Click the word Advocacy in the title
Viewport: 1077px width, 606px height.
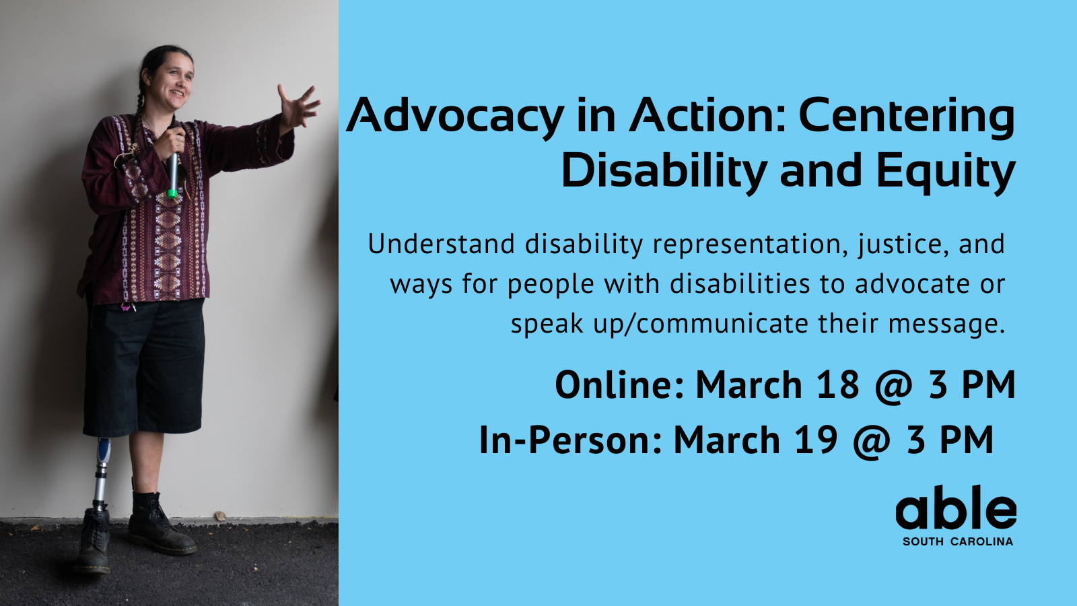[455, 116]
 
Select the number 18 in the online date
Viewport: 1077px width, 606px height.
[837, 385]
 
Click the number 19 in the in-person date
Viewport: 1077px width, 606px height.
[816, 440]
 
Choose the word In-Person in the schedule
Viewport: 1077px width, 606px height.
[571, 440]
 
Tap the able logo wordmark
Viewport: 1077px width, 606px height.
[956, 509]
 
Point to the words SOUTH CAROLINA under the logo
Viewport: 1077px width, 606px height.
[957, 541]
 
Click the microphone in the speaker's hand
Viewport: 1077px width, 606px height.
[173, 173]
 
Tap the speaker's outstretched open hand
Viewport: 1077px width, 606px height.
[298, 106]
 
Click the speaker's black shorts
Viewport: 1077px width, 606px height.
[144, 367]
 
